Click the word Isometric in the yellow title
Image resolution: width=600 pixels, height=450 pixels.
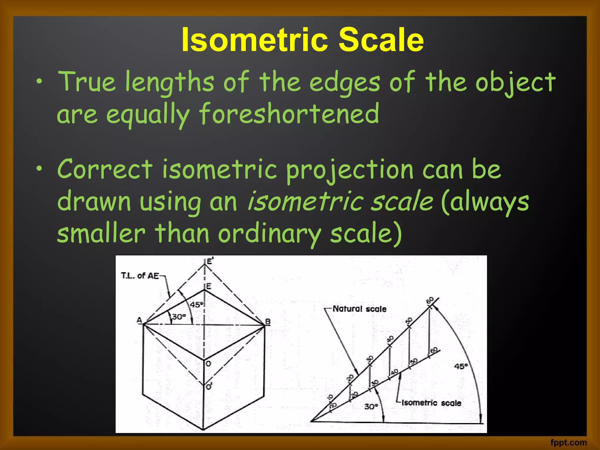(254, 40)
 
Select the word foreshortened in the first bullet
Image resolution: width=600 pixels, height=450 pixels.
(289, 114)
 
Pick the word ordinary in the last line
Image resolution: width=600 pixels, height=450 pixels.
(269, 234)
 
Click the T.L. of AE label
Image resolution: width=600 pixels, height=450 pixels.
(140, 276)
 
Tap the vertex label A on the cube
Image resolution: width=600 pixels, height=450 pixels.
(139, 320)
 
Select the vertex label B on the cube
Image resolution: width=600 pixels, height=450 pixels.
(267, 322)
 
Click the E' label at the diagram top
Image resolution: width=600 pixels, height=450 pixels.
(210, 261)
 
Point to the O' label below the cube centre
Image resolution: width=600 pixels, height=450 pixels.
(209, 387)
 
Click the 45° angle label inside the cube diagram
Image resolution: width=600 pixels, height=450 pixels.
(196, 305)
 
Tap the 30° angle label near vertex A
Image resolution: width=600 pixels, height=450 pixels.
(179, 317)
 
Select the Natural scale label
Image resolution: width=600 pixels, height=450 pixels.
(359, 309)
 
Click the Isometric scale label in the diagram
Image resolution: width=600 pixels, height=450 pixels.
(431, 403)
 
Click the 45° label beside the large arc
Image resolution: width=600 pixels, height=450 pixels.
(461, 366)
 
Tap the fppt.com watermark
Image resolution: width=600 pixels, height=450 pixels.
(568, 442)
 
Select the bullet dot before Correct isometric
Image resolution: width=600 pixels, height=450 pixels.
(39, 169)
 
